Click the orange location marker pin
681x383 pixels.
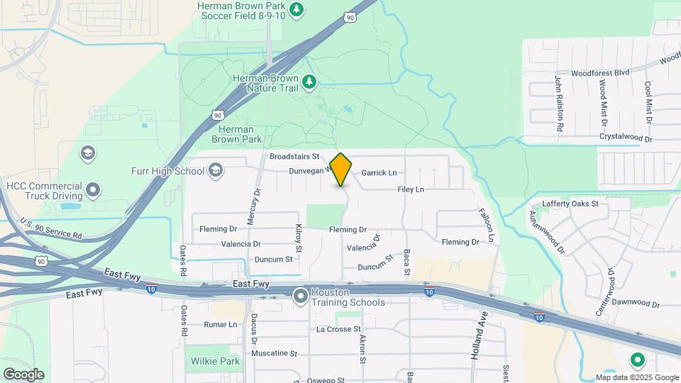[341, 170]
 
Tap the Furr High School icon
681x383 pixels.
[216, 170]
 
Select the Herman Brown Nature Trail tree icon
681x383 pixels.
[309, 82]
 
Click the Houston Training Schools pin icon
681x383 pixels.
[301, 295]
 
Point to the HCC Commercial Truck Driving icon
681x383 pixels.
[93, 190]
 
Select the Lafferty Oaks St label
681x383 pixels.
[570, 204]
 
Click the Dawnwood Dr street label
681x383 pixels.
[636, 304]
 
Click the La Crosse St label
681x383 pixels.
[339, 329]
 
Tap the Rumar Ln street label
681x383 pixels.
[221, 324]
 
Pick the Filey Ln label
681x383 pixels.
[411, 189]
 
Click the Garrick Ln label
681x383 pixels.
[379, 172]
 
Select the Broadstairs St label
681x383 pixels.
[296, 156]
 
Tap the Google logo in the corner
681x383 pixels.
[23, 374]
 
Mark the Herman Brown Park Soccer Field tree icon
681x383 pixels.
[297, 9]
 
